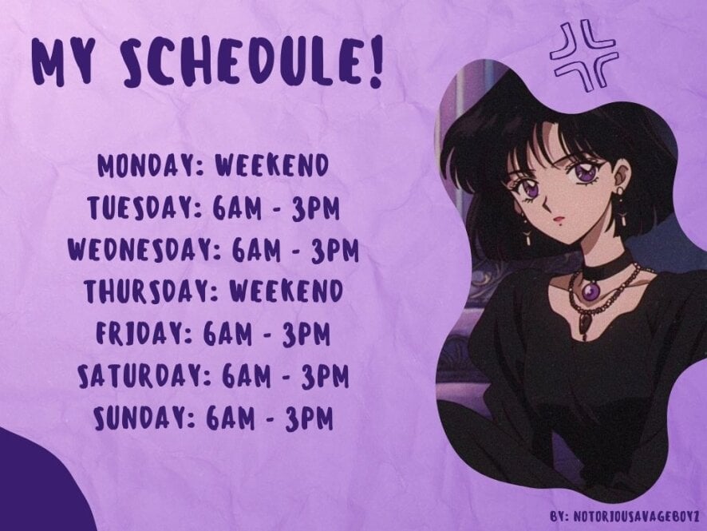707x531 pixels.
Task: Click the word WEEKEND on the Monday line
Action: click(272, 165)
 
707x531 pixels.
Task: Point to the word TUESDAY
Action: click(144, 208)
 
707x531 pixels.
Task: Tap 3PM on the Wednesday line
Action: click(334, 250)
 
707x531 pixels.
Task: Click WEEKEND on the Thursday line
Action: click(286, 291)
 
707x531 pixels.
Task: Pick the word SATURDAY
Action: click(144, 375)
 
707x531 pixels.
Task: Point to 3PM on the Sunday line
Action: click(310, 418)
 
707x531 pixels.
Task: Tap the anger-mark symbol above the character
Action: click(584, 57)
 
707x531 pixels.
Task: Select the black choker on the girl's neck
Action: click(601, 265)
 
